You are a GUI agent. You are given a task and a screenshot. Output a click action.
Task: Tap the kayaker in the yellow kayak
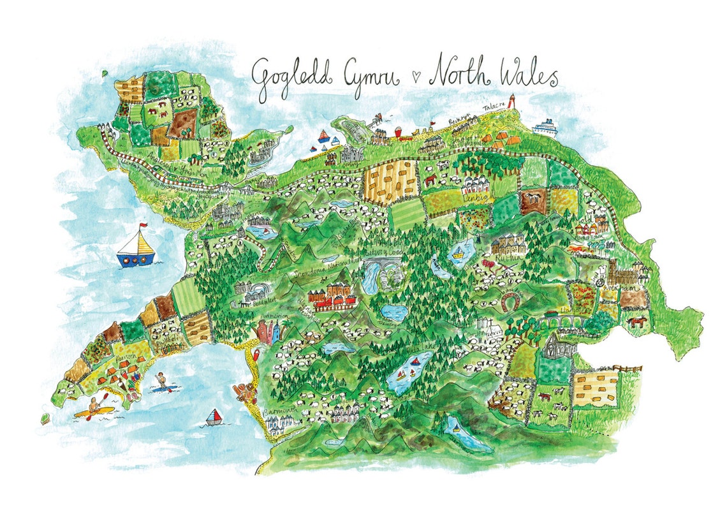(94, 408)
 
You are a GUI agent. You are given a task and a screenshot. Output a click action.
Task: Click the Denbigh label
(473, 199)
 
